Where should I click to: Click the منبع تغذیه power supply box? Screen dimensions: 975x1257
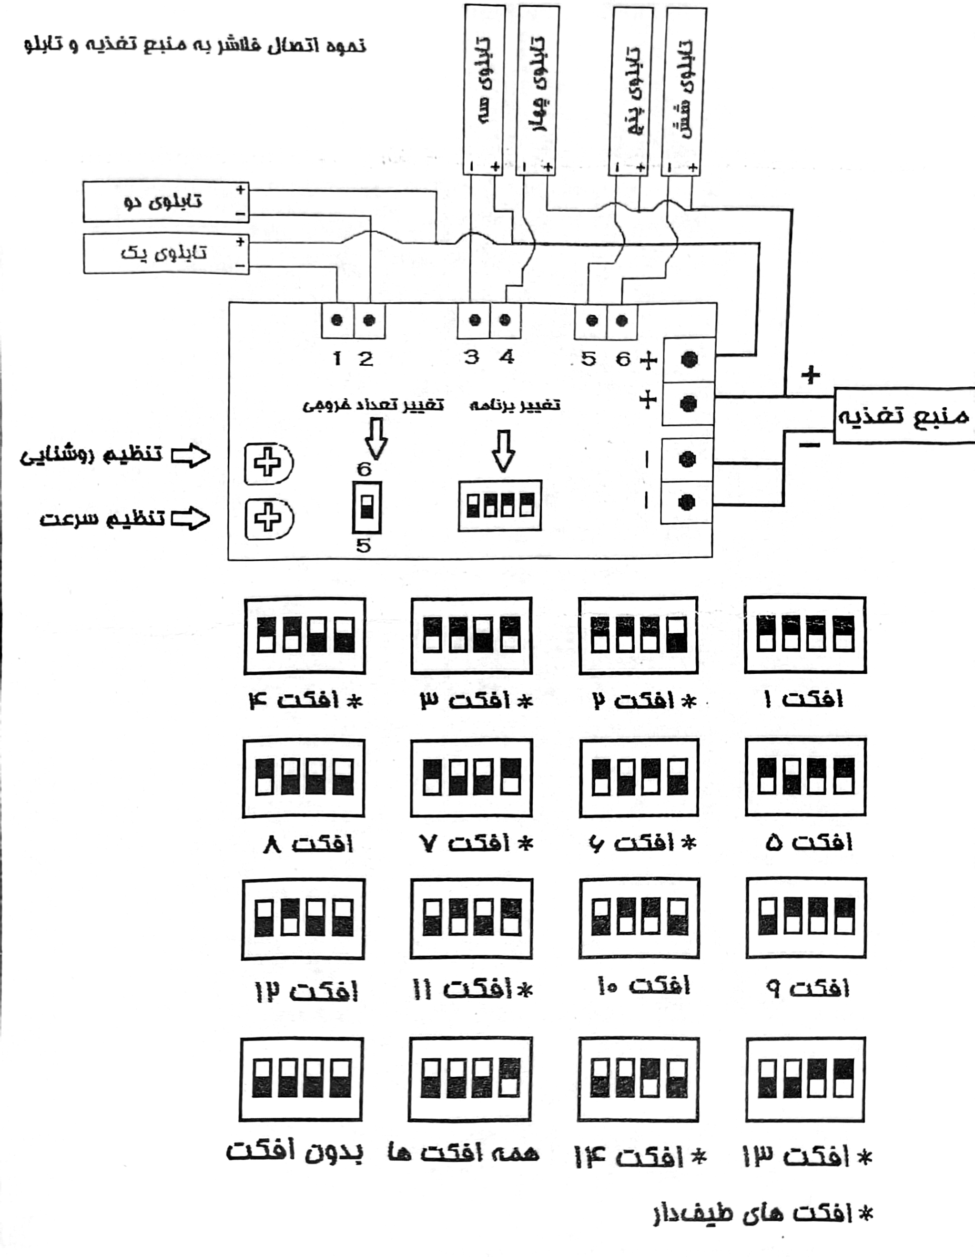[x=904, y=415]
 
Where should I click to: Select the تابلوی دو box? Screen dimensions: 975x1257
[x=166, y=202]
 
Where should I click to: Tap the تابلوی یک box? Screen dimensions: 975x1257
[x=166, y=253]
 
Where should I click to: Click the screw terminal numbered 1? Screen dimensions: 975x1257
[x=337, y=320]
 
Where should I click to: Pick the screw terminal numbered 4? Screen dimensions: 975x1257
[x=506, y=320]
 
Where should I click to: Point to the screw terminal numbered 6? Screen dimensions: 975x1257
[x=622, y=320]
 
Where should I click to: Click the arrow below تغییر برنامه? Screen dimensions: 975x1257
[x=504, y=451]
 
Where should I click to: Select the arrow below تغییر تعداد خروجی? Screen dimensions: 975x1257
[x=376, y=439]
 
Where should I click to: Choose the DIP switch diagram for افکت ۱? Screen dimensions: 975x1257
[x=805, y=635]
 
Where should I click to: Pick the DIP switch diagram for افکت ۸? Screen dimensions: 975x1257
[x=304, y=778]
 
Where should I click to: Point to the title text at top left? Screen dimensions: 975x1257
[x=195, y=45]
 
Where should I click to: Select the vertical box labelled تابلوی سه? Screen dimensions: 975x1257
[x=483, y=89]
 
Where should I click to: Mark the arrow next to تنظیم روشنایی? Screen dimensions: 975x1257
[x=191, y=455]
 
